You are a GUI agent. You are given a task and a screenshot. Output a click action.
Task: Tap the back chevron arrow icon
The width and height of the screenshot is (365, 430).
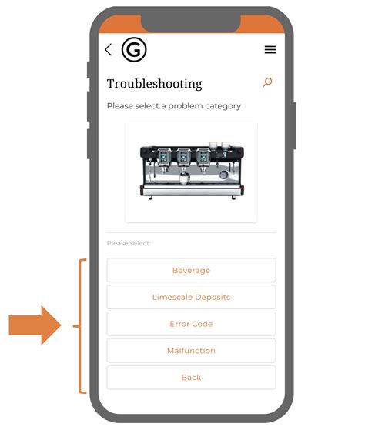pos(108,50)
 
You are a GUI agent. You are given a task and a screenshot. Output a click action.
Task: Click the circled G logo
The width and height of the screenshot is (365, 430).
pos(134,50)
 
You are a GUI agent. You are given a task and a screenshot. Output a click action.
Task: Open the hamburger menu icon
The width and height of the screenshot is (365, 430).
pos(270,50)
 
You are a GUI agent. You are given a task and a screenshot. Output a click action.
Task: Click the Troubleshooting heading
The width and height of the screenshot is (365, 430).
pos(154,84)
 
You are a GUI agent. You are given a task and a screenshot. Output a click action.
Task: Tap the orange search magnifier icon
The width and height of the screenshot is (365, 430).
pos(267,82)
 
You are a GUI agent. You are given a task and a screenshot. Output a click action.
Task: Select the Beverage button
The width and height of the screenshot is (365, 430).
pos(191,271)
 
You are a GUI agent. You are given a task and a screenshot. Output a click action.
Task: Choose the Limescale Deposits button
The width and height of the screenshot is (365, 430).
pos(191,297)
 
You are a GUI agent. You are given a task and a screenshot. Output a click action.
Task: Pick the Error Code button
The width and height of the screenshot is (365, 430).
pos(191,324)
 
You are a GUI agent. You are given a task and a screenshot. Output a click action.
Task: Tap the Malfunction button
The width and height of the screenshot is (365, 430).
pos(191,351)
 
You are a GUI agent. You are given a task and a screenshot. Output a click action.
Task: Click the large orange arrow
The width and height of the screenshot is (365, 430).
pos(35,325)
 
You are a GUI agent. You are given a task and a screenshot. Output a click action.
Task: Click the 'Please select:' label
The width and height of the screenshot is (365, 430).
pos(129,244)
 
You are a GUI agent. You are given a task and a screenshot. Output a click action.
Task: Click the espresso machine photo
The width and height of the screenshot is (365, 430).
pos(191,171)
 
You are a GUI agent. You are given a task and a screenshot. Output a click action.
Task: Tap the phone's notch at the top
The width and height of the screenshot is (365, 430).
pos(190,23)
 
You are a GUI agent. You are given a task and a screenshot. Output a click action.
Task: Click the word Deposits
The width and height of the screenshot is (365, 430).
pos(210,297)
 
